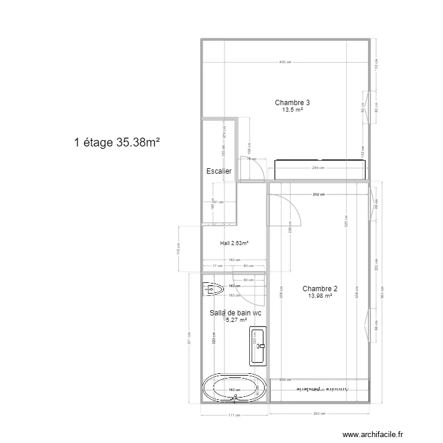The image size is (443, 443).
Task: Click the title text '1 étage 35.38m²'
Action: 118,142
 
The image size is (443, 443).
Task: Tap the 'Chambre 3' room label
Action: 292,103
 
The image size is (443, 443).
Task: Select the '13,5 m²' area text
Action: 292,110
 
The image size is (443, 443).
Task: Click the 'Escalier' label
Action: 219,171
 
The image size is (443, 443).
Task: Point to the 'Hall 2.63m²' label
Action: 234,243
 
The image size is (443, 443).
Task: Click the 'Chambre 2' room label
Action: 320,289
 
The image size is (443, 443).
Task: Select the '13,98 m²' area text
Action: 320,296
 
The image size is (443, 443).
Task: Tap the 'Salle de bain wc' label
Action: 236,313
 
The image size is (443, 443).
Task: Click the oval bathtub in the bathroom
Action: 234,389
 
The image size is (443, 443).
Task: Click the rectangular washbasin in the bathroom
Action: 258,344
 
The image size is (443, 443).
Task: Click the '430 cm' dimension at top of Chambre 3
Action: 286,63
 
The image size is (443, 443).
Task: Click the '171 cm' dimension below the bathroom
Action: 234,415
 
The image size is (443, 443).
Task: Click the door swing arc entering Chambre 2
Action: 289,207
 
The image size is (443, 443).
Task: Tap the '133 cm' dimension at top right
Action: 376,69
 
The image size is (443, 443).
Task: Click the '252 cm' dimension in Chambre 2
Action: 319,194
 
